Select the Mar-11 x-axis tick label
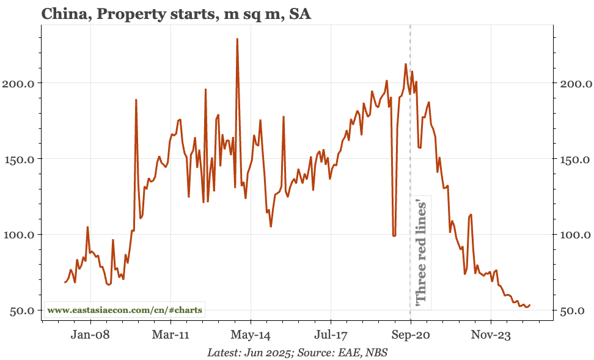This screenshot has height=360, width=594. point(171,334)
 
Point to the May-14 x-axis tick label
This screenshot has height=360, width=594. point(251,334)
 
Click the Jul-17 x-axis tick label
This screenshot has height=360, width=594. point(331,334)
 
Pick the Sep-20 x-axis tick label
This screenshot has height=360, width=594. point(411,334)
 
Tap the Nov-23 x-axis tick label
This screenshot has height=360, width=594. point(491,334)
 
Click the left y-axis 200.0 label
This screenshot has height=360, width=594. point(20,83)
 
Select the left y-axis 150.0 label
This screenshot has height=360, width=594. point(20,159)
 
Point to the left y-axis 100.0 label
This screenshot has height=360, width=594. point(20,235)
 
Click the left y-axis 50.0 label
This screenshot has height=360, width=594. point(22,310)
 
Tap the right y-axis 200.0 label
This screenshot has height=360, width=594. point(574,83)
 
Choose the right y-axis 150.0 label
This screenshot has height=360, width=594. point(574,159)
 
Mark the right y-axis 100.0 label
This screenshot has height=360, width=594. point(574,235)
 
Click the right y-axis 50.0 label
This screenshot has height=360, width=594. point(573,310)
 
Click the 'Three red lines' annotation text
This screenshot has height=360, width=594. point(420,252)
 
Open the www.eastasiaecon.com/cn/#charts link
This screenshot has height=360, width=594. point(125,310)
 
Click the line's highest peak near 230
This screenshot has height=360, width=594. point(237,39)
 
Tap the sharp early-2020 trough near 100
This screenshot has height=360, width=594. point(394,235)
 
